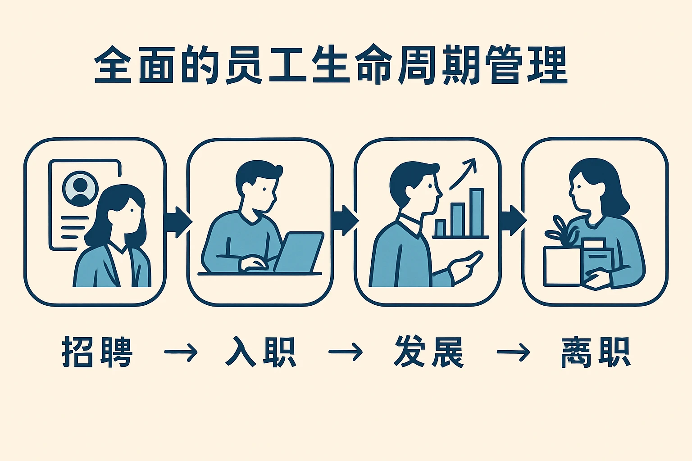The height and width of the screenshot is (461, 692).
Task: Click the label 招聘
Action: pos(97,352)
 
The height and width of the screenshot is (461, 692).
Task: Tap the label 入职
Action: pos(260,352)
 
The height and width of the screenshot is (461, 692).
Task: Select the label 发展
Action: pos(428,352)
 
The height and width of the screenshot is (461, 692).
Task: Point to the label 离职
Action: pos(595,352)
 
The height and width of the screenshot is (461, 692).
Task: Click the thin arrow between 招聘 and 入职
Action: pos(181,352)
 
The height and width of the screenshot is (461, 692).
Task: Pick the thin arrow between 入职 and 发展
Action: pos(346,352)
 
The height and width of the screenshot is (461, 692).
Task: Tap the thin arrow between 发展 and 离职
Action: pos(513,352)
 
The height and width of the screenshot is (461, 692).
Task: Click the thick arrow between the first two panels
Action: pos(178,221)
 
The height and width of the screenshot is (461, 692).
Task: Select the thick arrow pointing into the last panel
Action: pos(513,220)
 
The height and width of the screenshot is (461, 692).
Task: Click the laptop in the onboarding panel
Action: pos(300,252)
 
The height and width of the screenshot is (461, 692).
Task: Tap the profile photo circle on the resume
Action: pos(81,187)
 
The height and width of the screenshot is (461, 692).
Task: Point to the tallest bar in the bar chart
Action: pos(476,212)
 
